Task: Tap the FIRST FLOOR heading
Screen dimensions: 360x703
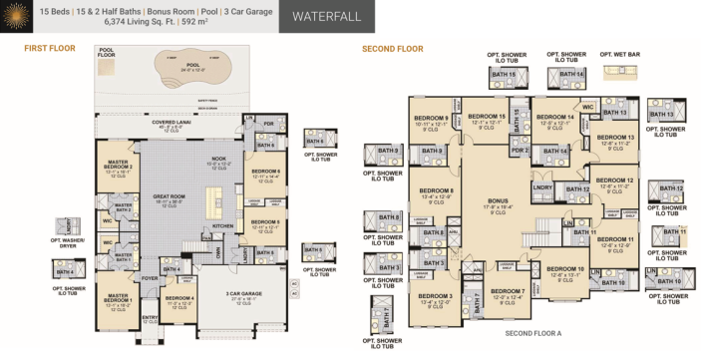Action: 49,48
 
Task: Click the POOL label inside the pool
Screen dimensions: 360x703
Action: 178,67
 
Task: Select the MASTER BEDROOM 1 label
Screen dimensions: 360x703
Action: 117,296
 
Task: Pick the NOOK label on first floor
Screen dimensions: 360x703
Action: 217,160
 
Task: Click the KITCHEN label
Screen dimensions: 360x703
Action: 222,225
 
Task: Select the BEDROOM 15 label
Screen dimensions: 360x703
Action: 489,117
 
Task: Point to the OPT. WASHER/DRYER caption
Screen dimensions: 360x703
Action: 68,242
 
